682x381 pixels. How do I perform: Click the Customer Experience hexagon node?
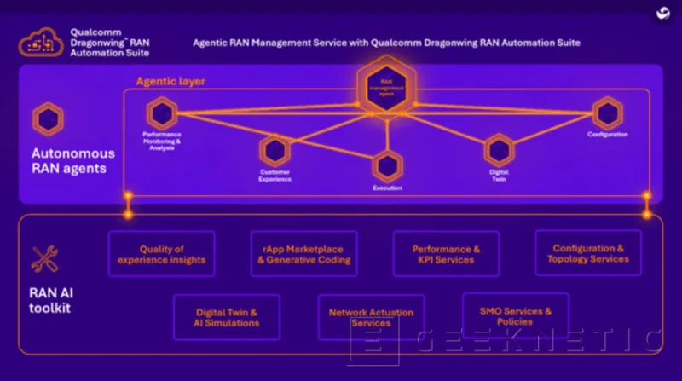point(275,152)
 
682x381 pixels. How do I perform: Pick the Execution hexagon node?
point(387,166)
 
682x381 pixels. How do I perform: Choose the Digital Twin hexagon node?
point(499,151)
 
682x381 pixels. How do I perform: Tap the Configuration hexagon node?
point(608,113)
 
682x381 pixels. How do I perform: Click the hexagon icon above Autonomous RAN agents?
point(48,119)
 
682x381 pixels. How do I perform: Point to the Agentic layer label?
point(170,82)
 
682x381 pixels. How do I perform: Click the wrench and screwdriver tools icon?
point(44,259)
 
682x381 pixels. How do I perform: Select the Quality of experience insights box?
point(161,254)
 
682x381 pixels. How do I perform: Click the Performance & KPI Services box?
point(446,254)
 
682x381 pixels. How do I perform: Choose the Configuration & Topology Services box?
point(588,253)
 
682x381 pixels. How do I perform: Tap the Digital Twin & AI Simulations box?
point(227,317)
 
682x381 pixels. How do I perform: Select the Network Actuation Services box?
point(371,317)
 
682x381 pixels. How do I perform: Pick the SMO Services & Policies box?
point(515,316)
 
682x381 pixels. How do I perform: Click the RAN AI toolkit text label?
point(50,299)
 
